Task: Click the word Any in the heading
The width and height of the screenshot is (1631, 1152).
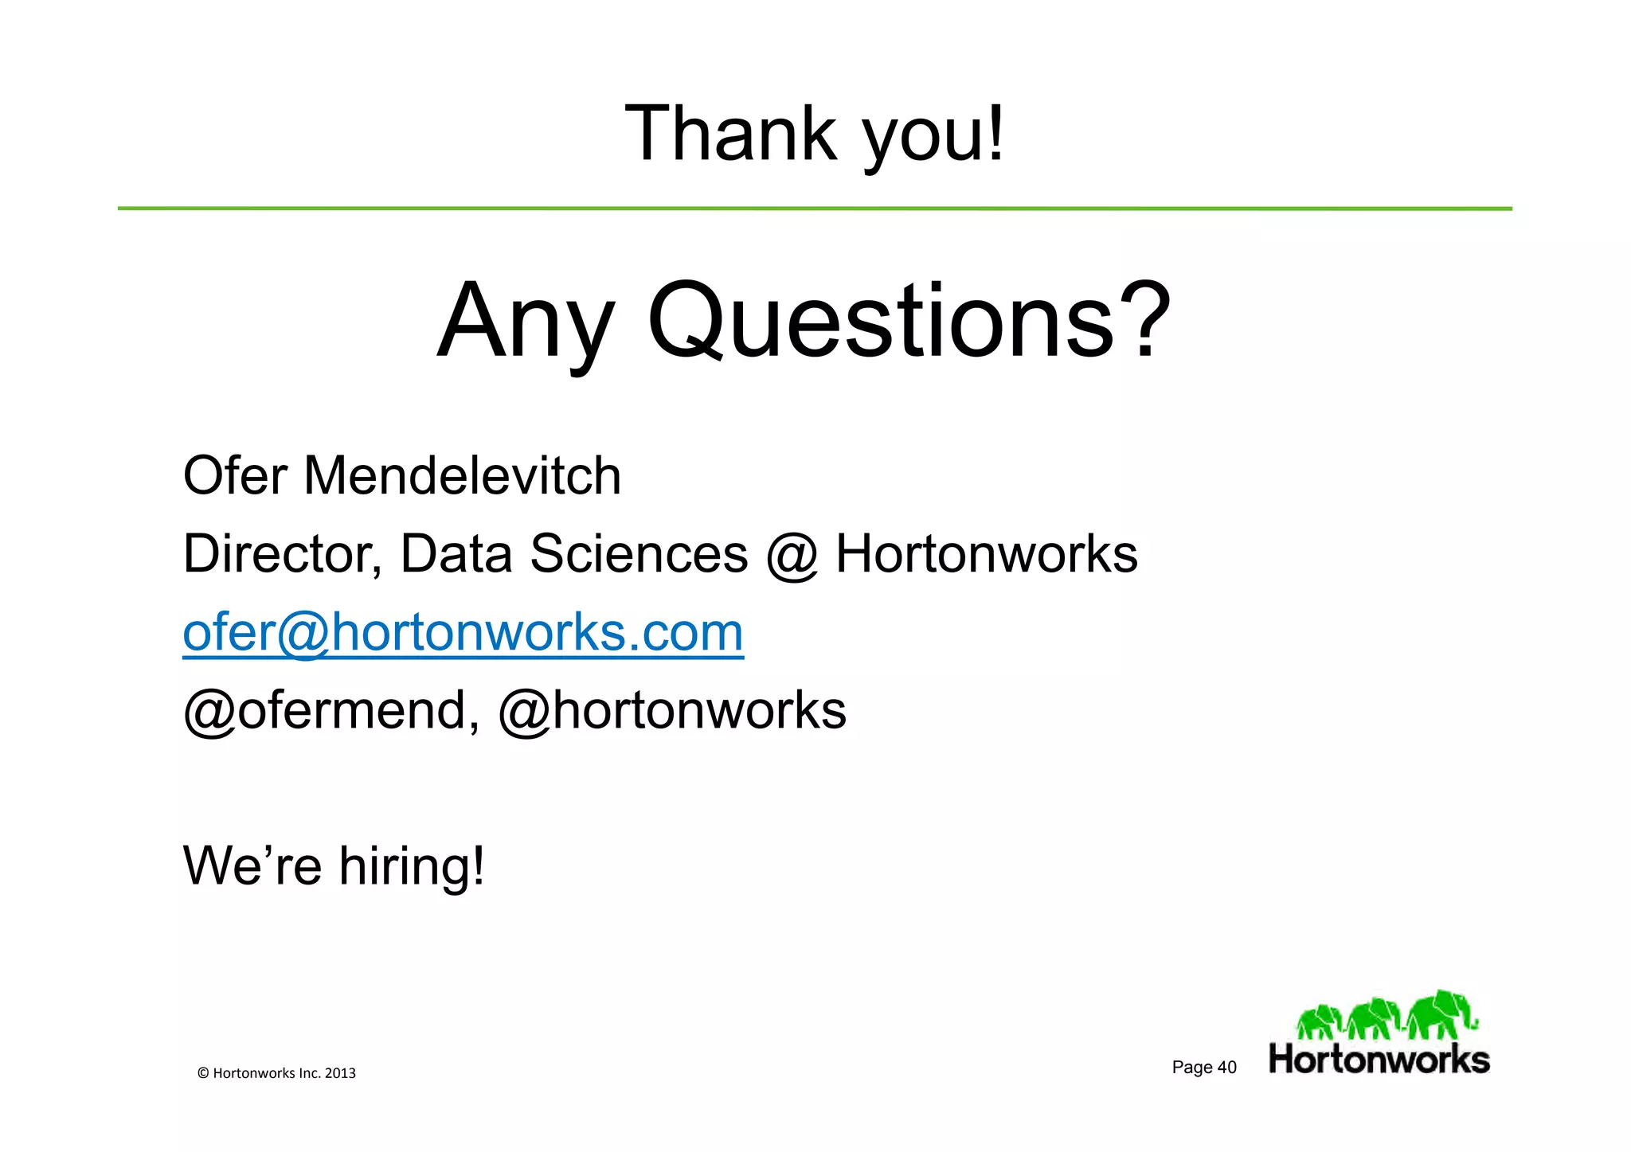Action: [526, 322]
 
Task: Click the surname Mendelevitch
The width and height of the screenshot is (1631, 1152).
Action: [462, 476]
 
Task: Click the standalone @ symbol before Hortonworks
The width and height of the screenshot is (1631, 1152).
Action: [792, 556]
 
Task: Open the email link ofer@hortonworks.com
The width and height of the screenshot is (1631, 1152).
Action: [463, 632]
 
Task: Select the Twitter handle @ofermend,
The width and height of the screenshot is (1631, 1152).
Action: [331, 710]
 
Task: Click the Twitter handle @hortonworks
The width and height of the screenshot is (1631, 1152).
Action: [672, 710]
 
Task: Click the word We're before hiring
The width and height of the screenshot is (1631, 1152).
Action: [252, 866]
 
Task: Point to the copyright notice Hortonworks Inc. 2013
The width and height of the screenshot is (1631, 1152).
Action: [276, 1073]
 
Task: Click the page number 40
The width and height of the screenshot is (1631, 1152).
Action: [1226, 1068]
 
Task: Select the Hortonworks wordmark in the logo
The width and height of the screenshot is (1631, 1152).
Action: [1379, 1060]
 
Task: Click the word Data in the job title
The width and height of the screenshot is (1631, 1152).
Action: [456, 554]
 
